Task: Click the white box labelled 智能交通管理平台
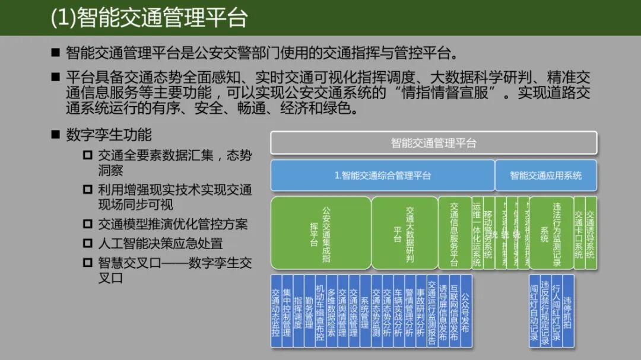click(433, 143)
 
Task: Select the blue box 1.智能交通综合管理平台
click(382, 175)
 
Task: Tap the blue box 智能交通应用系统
click(546, 175)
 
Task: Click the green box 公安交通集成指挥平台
click(320, 232)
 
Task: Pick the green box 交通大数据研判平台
click(404, 232)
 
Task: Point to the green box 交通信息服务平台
click(454, 232)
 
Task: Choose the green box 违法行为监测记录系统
click(551, 232)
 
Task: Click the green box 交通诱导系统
click(591, 232)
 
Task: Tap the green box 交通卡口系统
click(579, 232)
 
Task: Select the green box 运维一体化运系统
click(477, 232)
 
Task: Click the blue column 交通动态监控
click(276, 311)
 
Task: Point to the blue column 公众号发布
click(466, 311)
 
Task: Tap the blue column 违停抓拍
click(568, 311)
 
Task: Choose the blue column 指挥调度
click(298, 311)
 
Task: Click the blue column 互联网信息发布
click(455, 311)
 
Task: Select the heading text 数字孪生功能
click(109, 135)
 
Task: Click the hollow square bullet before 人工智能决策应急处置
click(88, 243)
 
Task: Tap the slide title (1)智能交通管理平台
click(148, 18)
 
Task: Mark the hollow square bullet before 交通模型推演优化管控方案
click(88, 224)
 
